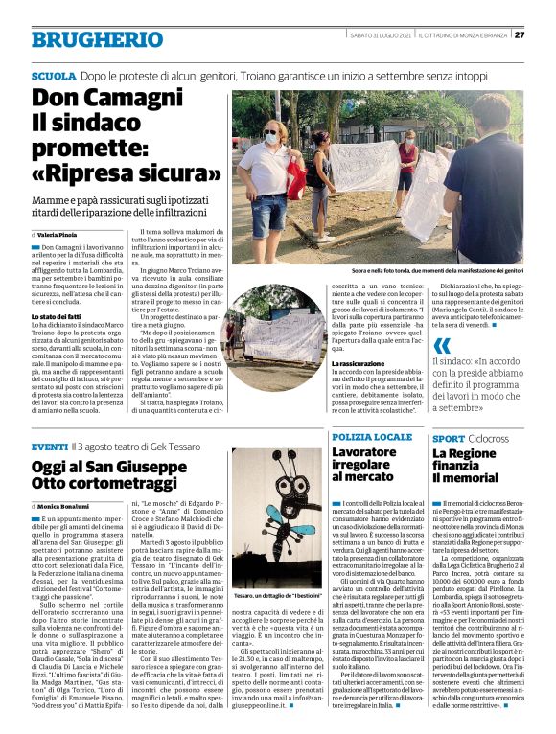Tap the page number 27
click(520, 35)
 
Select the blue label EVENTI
click(50, 447)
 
